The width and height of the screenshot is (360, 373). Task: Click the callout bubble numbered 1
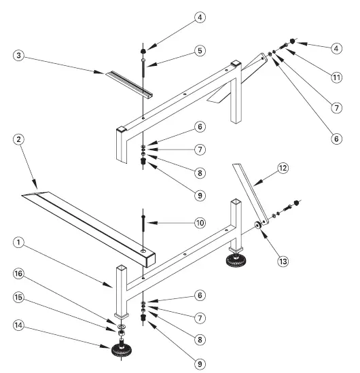coord(19,242)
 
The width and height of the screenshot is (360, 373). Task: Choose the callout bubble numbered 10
coord(200,223)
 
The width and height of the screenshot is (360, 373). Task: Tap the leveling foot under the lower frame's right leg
coord(238,260)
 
